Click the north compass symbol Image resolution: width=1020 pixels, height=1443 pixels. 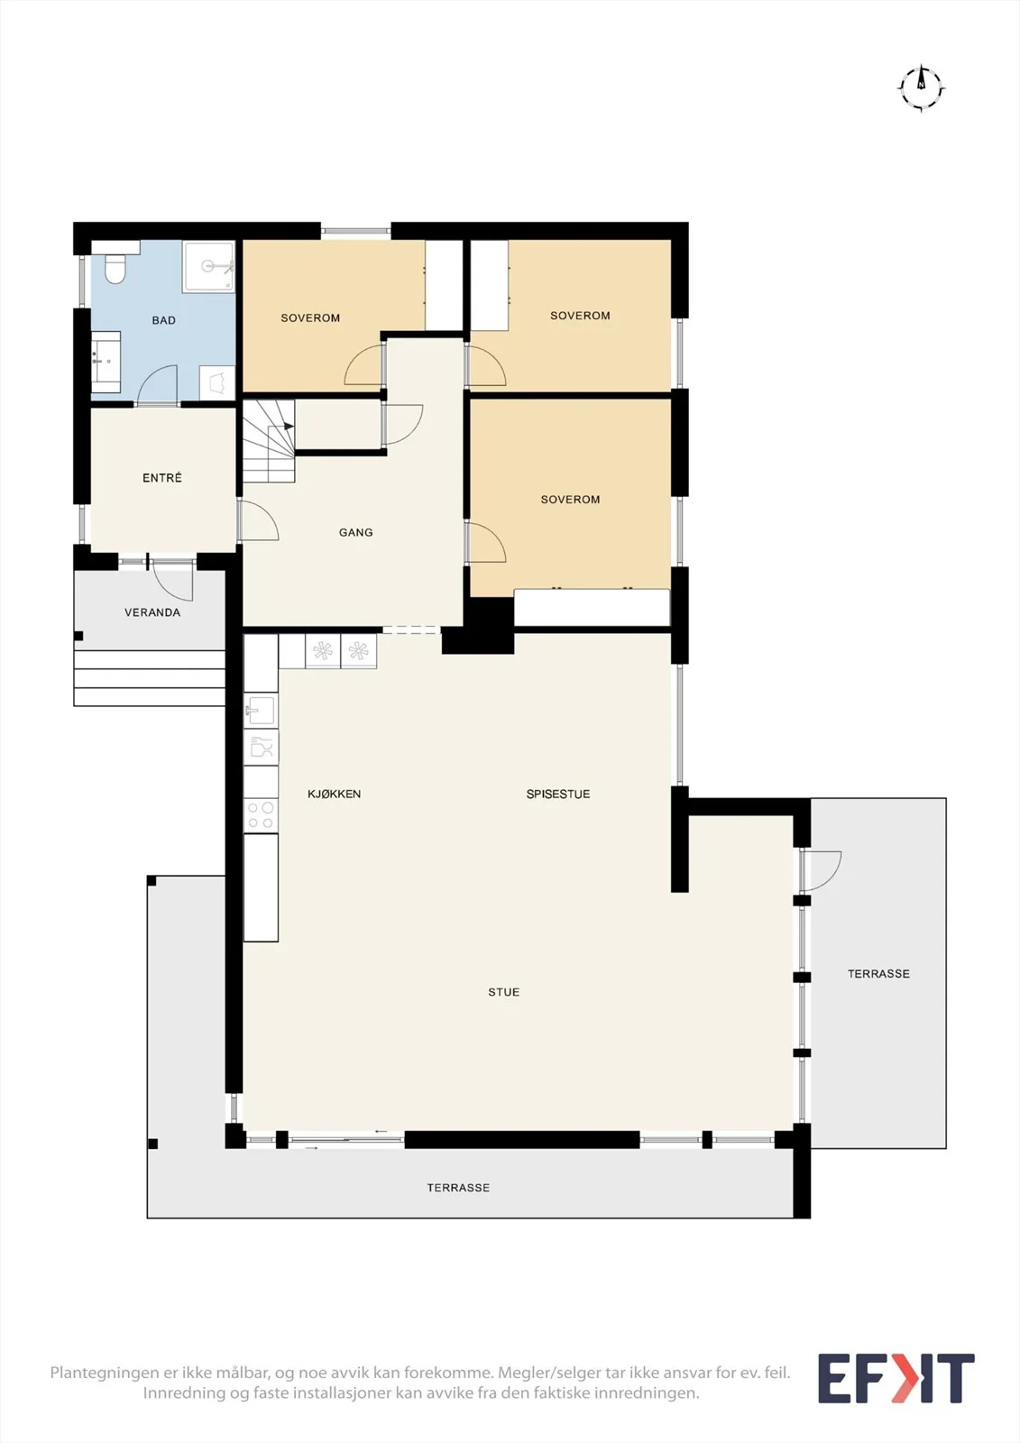tap(922, 88)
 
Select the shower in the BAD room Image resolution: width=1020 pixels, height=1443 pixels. tap(208, 267)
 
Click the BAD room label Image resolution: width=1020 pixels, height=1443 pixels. tap(163, 320)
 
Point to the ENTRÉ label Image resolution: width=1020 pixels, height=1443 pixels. tap(162, 477)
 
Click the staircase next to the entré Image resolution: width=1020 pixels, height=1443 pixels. tap(269, 441)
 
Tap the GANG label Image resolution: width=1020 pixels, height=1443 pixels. tap(355, 532)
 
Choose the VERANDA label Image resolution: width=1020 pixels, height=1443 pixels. tap(152, 612)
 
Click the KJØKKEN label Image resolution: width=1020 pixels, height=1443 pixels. tap(334, 794)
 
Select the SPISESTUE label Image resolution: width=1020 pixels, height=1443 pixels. tap(558, 794)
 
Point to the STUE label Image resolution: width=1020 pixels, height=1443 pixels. tap(504, 992)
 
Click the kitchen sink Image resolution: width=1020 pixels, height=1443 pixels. tap(261, 711)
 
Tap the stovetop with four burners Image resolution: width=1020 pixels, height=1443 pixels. tap(261, 815)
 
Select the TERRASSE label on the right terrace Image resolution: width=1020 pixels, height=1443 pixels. tap(879, 974)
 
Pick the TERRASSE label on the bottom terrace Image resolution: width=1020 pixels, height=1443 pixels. tap(458, 1187)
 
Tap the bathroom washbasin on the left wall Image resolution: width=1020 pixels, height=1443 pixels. tap(106, 362)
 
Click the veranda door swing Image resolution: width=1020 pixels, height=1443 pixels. tap(172, 581)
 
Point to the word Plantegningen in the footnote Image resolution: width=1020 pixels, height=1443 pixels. tap(105, 1372)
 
